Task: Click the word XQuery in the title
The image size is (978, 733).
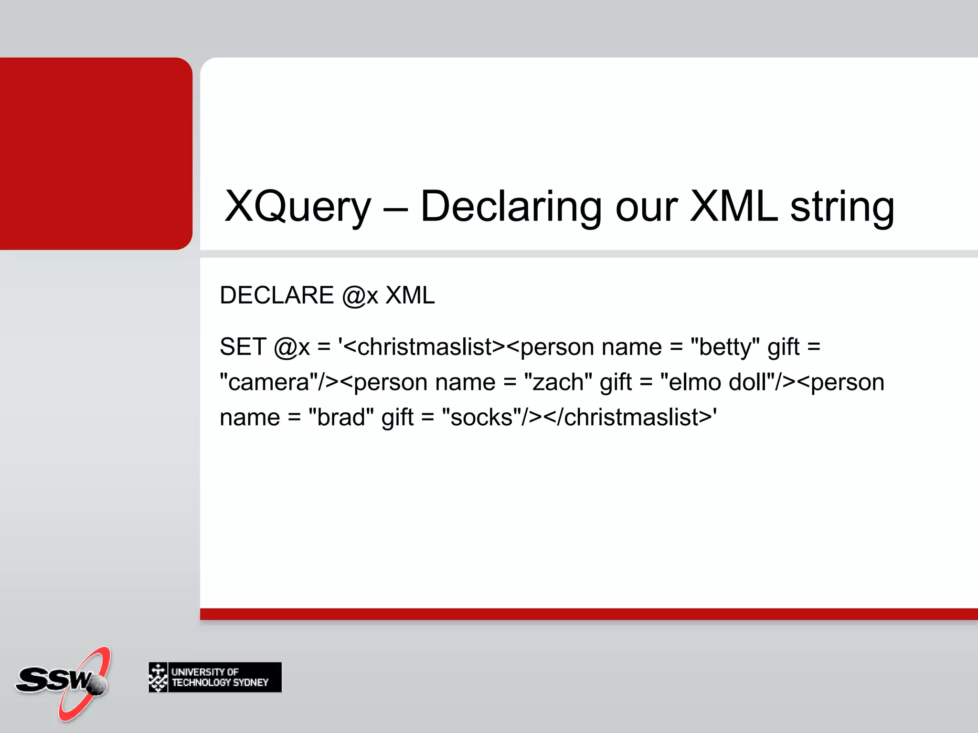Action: (298, 207)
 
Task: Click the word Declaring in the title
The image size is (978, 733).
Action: (510, 207)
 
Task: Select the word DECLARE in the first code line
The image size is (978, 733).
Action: (276, 295)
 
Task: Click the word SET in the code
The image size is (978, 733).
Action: (243, 347)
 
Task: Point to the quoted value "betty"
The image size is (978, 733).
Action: (725, 347)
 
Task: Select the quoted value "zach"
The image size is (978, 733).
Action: (558, 382)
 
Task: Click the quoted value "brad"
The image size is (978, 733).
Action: (341, 418)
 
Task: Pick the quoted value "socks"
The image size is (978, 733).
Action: (481, 418)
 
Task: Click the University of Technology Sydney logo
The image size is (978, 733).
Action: (215, 677)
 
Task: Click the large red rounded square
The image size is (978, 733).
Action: (96, 153)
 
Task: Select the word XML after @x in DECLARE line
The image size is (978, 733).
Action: (410, 295)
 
